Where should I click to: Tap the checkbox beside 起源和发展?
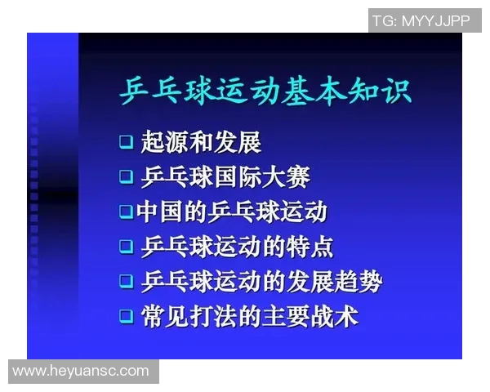pos(126,141)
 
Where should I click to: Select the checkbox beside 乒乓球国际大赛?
pos(126,176)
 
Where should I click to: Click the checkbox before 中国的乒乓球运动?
pos(126,211)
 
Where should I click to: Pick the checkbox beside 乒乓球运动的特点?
pos(126,246)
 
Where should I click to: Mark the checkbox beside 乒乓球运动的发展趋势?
pos(126,281)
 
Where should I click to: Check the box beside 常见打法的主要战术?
pos(126,315)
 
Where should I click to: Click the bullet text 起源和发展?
pos(201,141)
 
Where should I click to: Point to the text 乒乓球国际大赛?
pos(225,176)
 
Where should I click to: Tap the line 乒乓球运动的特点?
pos(237,246)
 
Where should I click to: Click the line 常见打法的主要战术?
pos(249,315)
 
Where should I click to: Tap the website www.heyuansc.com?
pos(81,371)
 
